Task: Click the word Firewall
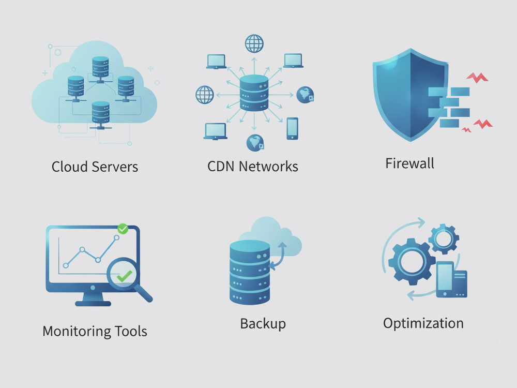pos(409,163)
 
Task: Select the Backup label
pos(263,324)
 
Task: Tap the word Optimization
pos(423,323)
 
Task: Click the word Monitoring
pos(76,331)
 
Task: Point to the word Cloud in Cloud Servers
pos(70,167)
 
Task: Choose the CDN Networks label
pos(253,167)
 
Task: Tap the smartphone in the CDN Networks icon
pos(292,128)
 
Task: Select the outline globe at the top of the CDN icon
pos(254,43)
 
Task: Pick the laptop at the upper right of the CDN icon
pos(293,61)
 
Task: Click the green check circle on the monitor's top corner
pos(123,228)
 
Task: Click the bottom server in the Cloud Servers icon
pos(100,112)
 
